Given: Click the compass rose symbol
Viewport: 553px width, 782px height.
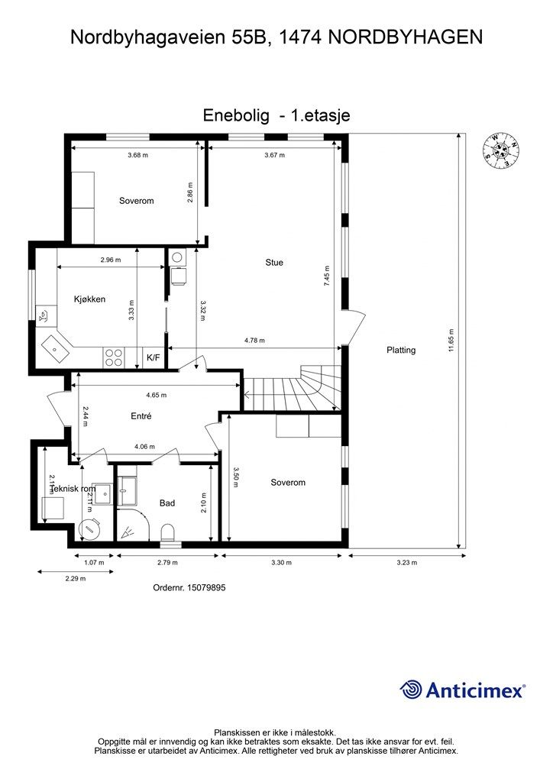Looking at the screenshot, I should [501, 150].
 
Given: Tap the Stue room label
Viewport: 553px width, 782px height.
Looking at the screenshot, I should [274, 263].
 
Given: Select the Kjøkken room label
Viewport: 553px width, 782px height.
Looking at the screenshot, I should [89, 299].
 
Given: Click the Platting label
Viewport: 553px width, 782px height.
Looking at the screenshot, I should [401, 351].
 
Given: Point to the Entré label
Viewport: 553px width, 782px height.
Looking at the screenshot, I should [141, 416].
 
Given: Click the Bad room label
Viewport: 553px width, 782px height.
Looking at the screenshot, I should [167, 503].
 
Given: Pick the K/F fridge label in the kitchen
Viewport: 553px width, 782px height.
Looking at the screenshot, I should [153, 357].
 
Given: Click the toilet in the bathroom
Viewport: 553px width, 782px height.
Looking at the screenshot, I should [168, 532].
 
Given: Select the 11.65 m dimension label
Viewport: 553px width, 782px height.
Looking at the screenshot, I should [451, 338].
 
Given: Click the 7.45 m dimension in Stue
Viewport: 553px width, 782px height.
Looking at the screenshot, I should [327, 275].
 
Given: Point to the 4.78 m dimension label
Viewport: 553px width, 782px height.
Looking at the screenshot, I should [254, 341].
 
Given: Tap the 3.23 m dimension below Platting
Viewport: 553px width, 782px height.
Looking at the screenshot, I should [407, 563].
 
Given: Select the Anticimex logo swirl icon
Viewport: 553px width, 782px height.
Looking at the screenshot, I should [412, 690].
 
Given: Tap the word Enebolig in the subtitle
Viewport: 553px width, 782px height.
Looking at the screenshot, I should [236, 115].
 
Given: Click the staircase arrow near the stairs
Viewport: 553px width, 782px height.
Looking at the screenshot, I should [247, 394].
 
